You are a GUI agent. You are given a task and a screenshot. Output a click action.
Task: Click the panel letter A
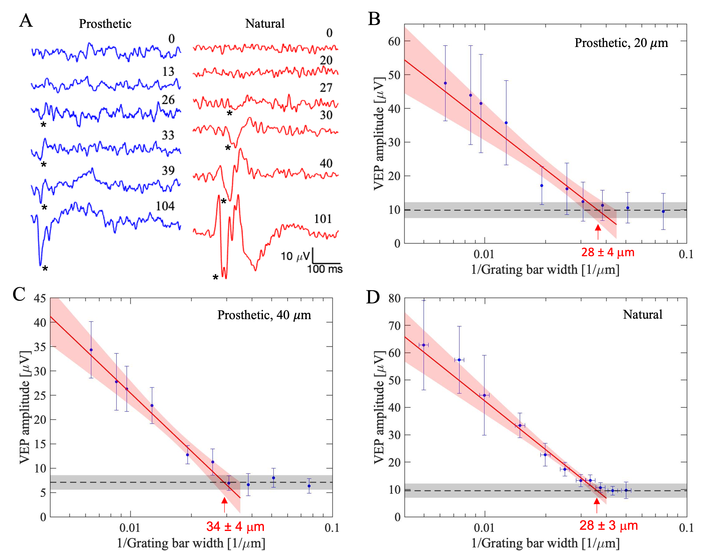coord(26,21)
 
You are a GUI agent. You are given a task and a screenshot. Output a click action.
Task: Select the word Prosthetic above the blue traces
coord(105,24)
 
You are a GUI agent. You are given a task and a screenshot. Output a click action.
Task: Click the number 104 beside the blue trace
coord(165,206)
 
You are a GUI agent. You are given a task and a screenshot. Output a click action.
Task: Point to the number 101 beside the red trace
coord(323,219)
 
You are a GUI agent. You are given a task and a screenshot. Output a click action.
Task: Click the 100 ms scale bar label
coord(325,269)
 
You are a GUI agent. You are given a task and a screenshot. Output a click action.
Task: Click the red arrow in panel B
coord(598,232)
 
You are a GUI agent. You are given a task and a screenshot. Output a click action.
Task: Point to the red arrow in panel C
coord(224,504)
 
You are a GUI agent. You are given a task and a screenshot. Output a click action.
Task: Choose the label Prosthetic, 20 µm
coord(621,43)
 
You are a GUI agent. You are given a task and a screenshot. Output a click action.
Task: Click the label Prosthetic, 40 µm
coord(264,315)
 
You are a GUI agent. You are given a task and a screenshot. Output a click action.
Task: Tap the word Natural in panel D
coord(643,315)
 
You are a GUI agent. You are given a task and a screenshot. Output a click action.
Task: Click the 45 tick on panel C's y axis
coord(40,298)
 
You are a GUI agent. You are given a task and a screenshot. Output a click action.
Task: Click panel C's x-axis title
coord(191,543)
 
